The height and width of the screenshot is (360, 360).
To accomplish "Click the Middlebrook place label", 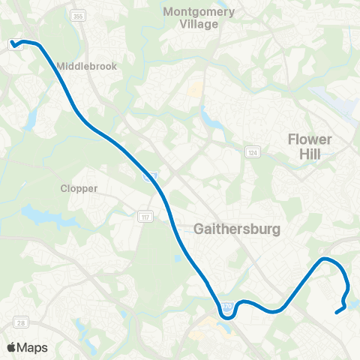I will click(x=86, y=66).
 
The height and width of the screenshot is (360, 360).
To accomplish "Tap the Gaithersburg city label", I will click(x=237, y=228).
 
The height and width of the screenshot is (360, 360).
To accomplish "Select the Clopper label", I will click(x=79, y=188).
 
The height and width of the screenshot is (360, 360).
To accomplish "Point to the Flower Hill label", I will click(x=310, y=146).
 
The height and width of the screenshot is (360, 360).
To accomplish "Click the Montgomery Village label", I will click(x=199, y=18).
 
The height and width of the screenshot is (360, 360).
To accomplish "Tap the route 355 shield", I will click(x=77, y=15).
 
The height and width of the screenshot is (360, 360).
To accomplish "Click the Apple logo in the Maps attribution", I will click(x=11, y=347).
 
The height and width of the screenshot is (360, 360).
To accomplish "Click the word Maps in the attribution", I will click(x=33, y=347).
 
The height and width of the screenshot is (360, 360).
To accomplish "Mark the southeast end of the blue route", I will click(x=335, y=313).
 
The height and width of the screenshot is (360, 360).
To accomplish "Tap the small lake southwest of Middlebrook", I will click(x=32, y=117).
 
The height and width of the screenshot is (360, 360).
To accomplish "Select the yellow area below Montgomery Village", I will click(x=196, y=91).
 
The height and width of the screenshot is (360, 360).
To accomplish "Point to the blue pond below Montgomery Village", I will click(x=207, y=115).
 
